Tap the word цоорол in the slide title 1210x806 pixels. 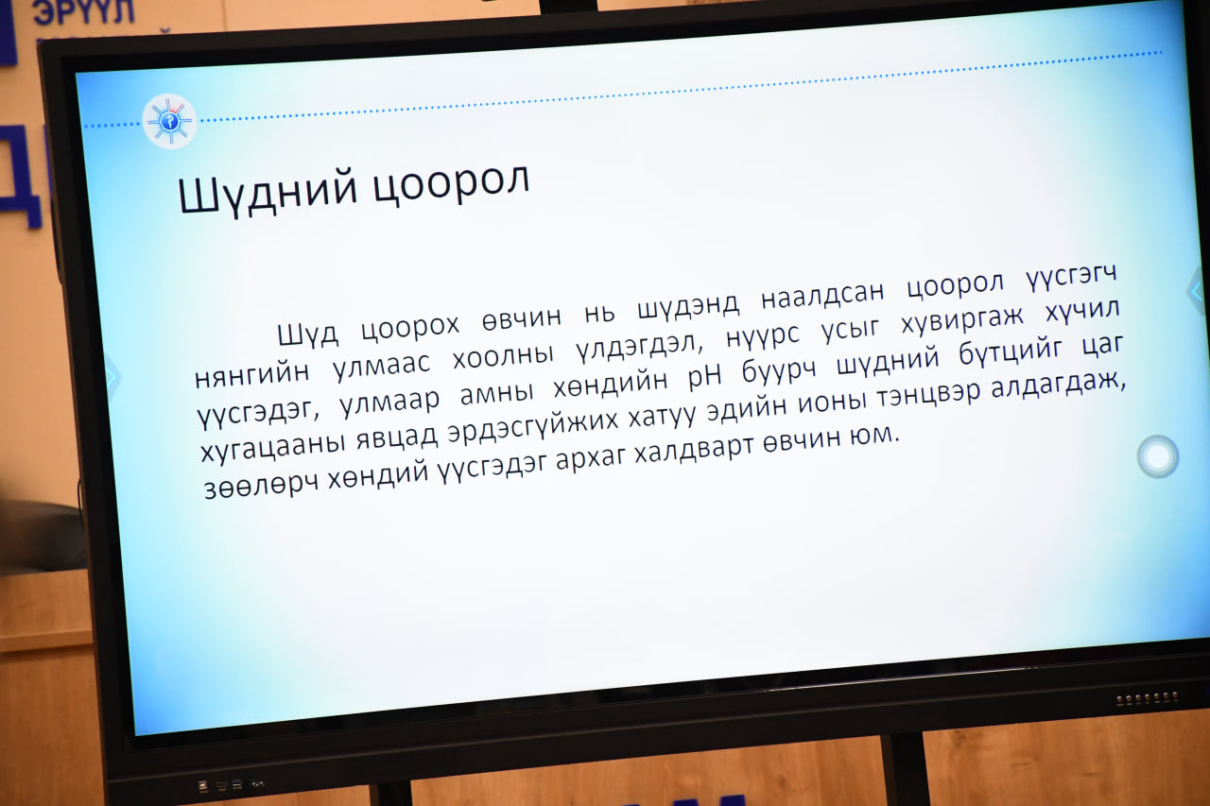(x=452, y=182)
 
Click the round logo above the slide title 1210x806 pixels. (x=169, y=121)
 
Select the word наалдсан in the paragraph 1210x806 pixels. (x=822, y=293)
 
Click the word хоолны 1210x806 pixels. (x=503, y=356)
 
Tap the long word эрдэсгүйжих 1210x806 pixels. (x=534, y=424)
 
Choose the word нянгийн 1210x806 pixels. (x=252, y=372)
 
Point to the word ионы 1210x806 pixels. (x=833, y=403)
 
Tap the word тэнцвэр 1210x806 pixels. (x=928, y=394)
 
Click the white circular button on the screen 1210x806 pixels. (x=1158, y=456)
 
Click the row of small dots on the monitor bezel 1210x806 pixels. (x=1147, y=698)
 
